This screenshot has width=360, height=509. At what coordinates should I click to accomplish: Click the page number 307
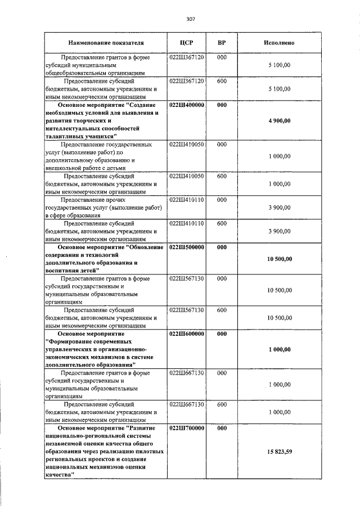click(x=190, y=19)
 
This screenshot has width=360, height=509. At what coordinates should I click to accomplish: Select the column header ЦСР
click(x=186, y=43)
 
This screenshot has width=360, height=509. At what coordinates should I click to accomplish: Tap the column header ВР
click(x=222, y=43)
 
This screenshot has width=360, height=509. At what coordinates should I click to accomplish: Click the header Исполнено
click(x=279, y=43)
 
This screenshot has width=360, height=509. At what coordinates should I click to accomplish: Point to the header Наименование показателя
click(x=106, y=43)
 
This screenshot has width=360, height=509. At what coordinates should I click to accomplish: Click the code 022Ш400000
click(x=186, y=105)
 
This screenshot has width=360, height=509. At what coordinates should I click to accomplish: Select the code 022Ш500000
click(x=186, y=247)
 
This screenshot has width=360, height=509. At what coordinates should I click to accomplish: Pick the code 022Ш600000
click(x=186, y=334)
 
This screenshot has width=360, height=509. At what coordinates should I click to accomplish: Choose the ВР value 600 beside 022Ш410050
click(x=222, y=176)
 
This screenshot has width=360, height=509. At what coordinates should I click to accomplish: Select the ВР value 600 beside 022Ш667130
click(x=222, y=404)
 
